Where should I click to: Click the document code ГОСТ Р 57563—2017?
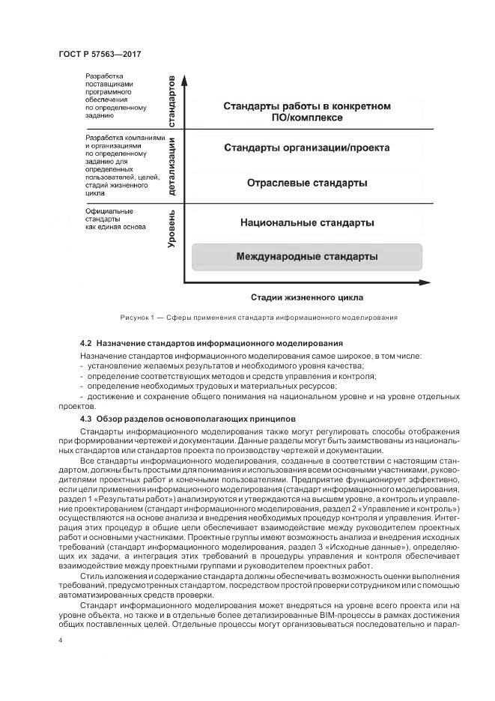[100, 55]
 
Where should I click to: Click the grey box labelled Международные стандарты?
[306, 257]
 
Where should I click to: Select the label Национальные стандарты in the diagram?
[306, 222]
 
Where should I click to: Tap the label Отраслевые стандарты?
[306, 183]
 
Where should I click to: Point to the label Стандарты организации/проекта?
[306, 148]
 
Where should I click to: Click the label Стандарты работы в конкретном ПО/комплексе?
[306, 112]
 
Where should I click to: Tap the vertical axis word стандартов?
[171, 100]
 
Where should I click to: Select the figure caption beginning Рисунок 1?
[258, 318]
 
